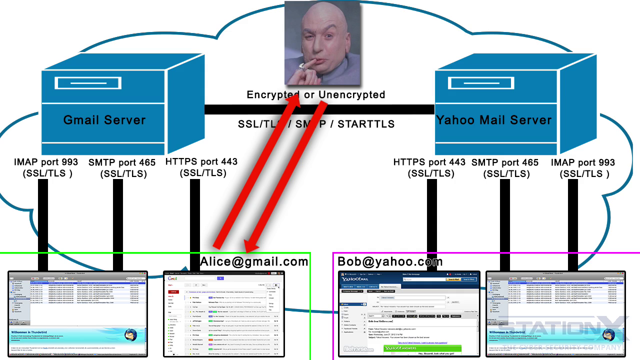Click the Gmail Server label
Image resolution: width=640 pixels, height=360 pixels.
pos(104,120)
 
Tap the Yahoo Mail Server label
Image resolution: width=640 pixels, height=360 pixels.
pos(494,120)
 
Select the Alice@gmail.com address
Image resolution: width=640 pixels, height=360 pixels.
pos(254,261)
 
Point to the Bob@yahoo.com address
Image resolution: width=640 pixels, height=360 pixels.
pos(390,261)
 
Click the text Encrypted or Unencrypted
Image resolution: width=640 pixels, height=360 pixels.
pos(316,94)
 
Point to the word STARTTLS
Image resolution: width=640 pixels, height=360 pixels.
pos(366,123)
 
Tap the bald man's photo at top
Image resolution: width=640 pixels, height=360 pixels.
pos(322,42)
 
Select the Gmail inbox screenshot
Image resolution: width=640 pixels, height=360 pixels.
pos(224,314)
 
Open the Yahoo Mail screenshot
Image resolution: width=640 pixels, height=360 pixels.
pos(409,314)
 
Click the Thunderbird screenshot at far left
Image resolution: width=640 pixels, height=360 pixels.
pos(77,314)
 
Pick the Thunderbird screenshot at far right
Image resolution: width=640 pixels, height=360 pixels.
pos(555,314)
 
